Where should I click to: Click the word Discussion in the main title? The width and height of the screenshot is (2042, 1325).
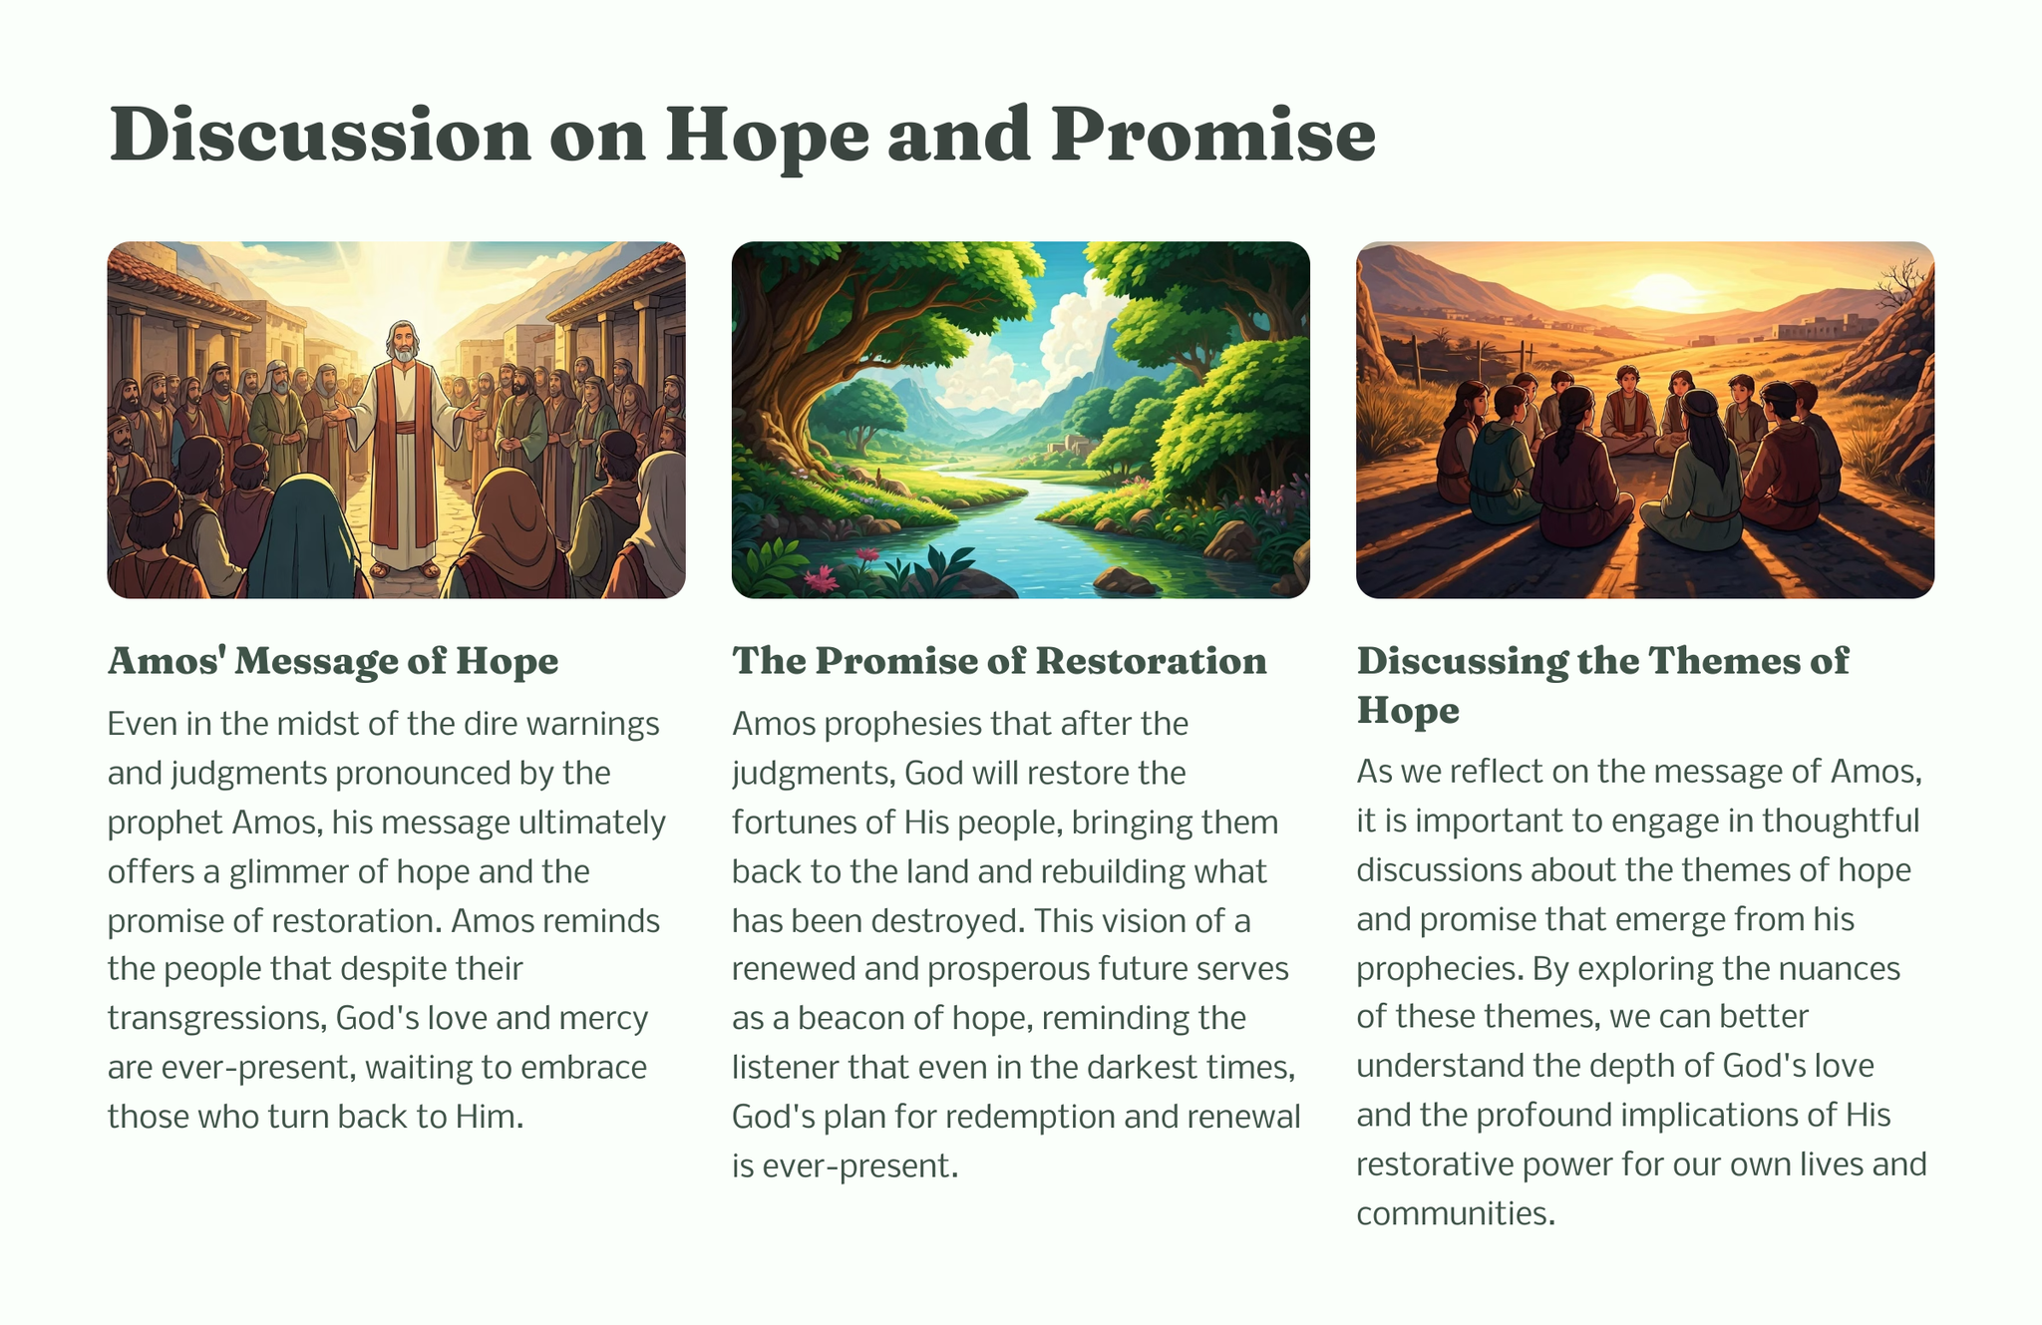point(320,135)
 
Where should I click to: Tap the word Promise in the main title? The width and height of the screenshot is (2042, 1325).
point(1212,135)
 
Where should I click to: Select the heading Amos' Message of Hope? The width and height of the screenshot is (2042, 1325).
point(333,660)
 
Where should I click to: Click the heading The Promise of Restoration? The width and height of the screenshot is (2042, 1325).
point(999,660)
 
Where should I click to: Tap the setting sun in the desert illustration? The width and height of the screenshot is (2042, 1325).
point(1663,292)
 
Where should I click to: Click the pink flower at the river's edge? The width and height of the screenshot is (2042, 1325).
point(824,578)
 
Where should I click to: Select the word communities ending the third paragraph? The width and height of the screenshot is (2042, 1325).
point(1456,1213)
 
